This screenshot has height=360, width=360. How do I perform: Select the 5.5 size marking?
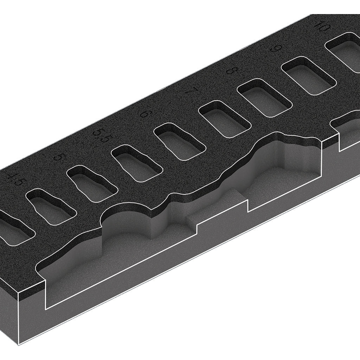pos(101,135)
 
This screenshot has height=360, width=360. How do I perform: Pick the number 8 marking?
pos(230,70)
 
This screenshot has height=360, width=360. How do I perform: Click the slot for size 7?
pos(225,119)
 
